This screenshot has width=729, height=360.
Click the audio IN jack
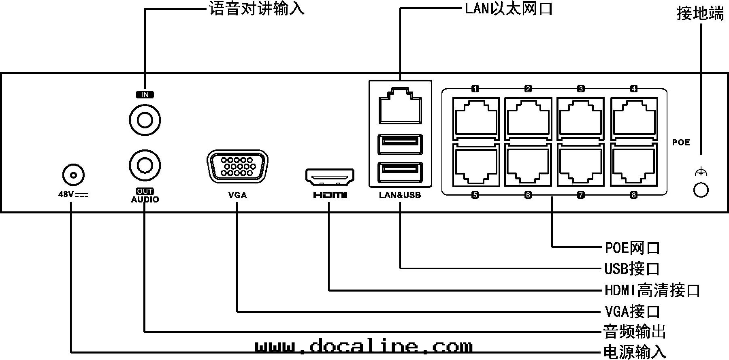tap(145, 120)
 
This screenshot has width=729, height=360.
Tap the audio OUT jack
tap(145, 165)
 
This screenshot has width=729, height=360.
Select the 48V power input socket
tap(73, 176)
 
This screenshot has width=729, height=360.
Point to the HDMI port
tap(330, 176)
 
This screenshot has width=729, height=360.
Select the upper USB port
tap(400, 144)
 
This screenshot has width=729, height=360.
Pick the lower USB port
tap(400, 172)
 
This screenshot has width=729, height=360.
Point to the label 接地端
tap(700, 14)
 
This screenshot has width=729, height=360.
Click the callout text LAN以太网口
tap(508, 9)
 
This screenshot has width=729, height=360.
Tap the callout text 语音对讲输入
tap(257, 9)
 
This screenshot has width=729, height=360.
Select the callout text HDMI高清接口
tap(652, 290)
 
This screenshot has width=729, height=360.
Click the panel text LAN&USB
tap(400, 195)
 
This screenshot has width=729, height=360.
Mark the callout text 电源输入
tap(635, 351)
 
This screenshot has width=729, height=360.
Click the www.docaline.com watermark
tap(364, 347)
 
